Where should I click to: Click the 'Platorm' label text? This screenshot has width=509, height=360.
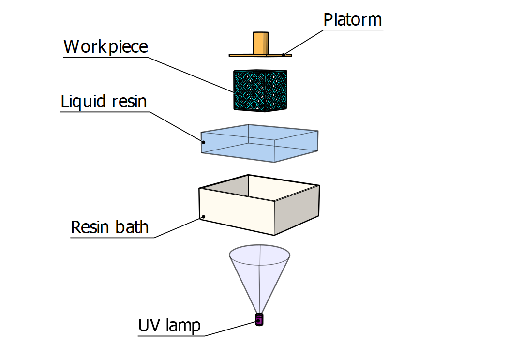[x=352, y=20]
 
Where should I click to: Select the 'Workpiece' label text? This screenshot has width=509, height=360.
[x=105, y=47]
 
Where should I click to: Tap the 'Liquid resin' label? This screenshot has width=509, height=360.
[x=104, y=102]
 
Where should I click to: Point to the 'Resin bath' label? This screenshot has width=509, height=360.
[x=110, y=227]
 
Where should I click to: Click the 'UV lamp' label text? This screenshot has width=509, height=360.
[x=169, y=326]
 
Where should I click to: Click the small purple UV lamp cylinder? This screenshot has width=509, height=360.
[x=259, y=320]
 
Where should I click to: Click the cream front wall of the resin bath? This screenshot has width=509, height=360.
[x=237, y=210]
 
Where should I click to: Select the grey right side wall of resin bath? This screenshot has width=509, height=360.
[x=297, y=208]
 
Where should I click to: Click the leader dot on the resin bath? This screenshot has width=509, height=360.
[x=204, y=217]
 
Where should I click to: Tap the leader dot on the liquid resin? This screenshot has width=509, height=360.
[x=204, y=142]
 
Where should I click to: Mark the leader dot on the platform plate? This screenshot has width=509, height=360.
[x=284, y=55]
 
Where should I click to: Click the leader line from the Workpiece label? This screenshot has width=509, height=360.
[x=194, y=75]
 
